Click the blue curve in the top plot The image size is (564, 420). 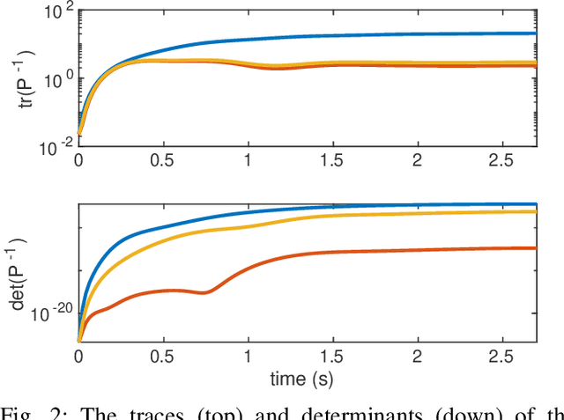click(352, 37)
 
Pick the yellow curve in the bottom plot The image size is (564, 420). click(352, 217)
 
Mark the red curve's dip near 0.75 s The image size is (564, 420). click(205, 291)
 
